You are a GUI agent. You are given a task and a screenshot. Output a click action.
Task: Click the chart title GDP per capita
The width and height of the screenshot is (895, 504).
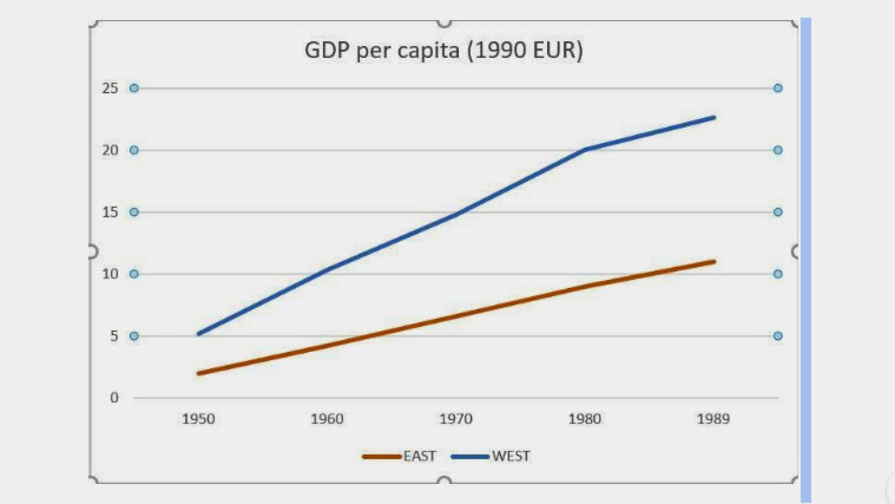(x=443, y=50)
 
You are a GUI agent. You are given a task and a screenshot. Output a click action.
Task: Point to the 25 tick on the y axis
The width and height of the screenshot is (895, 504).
(x=110, y=88)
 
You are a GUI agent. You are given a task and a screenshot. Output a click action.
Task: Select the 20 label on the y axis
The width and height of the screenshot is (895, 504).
(x=110, y=150)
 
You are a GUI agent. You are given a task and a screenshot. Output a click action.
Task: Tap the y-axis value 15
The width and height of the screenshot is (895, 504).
(x=110, y=212)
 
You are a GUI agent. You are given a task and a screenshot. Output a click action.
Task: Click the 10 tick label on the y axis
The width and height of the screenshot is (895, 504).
(x=110, y=274)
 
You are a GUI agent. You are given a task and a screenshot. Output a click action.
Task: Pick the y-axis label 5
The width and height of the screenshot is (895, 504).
(x=114, y=336)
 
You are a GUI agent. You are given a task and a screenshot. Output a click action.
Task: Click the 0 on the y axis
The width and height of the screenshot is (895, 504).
(x=114, y=398)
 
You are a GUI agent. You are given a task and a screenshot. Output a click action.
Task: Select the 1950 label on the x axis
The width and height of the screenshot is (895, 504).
(x=198, y=419)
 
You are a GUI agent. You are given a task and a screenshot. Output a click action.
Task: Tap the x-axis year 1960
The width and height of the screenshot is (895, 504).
(x=327, y=419)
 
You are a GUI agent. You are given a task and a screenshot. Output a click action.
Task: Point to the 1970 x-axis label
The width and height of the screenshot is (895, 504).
(x=456, y=419)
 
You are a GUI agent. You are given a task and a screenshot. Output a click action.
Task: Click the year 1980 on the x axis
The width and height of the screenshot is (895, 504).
(x=584, y=419)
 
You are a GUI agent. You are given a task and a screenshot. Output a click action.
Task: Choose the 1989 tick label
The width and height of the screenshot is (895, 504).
(x=713, y=419)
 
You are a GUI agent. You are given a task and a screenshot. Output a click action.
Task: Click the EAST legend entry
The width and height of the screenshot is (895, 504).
(x=419, y=456)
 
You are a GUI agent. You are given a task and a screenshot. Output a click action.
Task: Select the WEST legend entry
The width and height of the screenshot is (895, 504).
(x=510, y=456)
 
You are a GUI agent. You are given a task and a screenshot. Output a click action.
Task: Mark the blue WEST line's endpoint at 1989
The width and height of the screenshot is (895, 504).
(x=713, y=118)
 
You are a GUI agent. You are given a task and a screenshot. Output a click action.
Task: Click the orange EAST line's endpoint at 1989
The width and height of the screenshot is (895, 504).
(x=713, y=261)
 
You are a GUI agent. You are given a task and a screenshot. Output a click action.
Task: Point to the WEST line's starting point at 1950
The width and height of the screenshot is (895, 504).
(x=199, y=333)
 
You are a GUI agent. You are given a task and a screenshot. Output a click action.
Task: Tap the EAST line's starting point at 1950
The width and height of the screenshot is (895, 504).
(x=199, y=373)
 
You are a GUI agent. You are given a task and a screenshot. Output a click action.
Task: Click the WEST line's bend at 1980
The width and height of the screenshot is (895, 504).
(x=584, y=150)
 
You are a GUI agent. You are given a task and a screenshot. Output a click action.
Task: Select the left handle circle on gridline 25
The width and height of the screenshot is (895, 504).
(x=134, y=88)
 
